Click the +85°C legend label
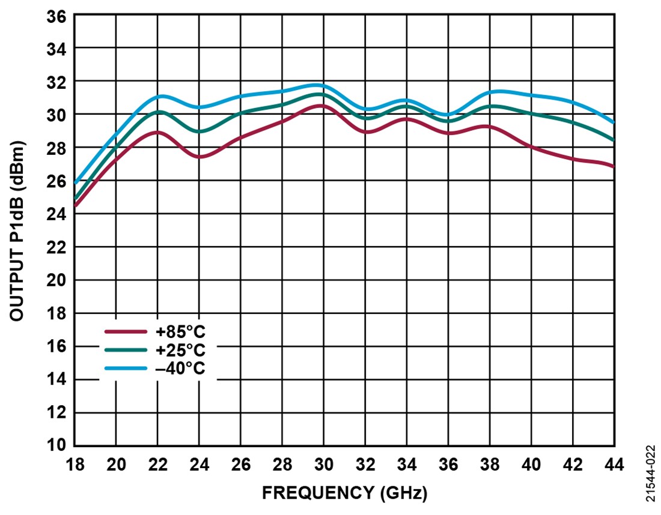[180, 331]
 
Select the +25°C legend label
[180, 350]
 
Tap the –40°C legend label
[180, 368]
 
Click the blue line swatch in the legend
[126, 368]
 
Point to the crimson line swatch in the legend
[126, 331]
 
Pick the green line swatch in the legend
[126, 350]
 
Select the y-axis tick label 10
[57, 445]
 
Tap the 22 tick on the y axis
[57, 247]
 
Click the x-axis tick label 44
[614, 465]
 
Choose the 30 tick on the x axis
[323, 465]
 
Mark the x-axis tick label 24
[199, 465]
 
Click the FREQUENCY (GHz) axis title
[344, 493]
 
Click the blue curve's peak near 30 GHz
[318, 85]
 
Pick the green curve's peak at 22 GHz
[158, 112]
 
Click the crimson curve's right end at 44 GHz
[613, 166]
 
